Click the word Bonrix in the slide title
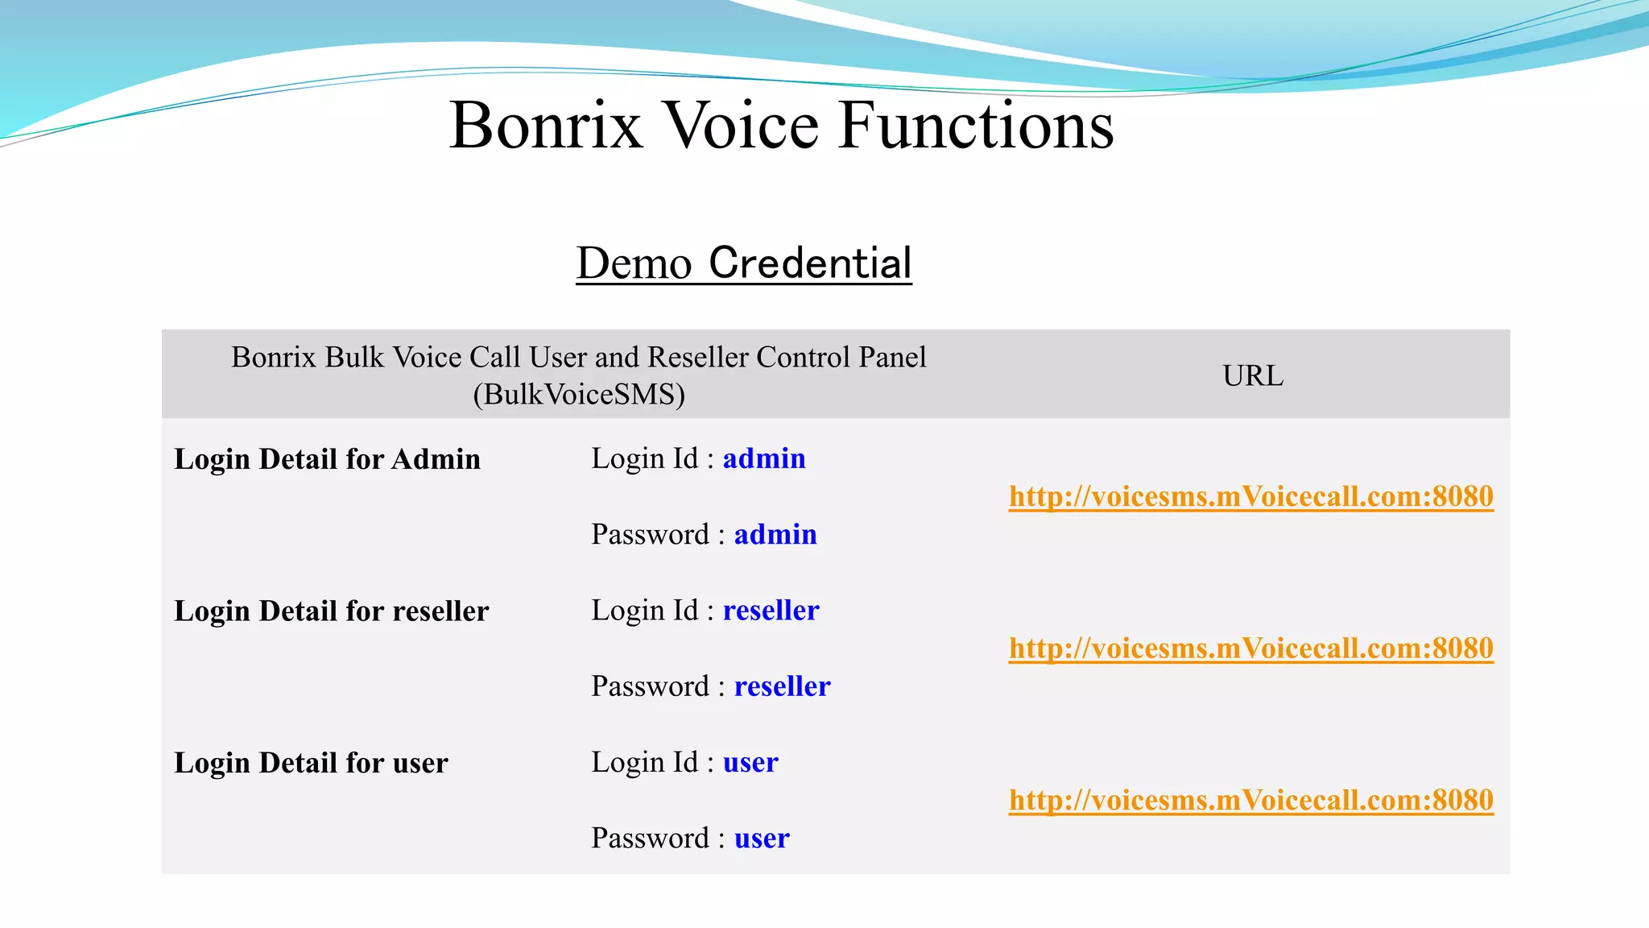[x=546, y=126]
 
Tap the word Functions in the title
[x=976, y=126]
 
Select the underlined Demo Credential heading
[x=744, y=263]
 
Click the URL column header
[x=1252, y=375]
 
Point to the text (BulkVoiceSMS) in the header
[x=579, y=395]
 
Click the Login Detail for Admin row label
[x=327, y=459]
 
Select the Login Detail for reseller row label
[x=331, y=611]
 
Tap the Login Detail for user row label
[x=311, y=763]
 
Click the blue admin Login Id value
[x=764, y=458]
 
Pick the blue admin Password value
[x=775, y=534]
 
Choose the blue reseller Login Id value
[x=771, y=611]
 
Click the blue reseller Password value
[x=782, y=686]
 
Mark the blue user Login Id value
[x=750, y=762]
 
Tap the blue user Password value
[x=762, y=839]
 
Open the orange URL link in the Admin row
[x=1250, y=496]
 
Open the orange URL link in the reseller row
[x=1250, y=648]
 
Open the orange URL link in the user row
[x=1250, y=800]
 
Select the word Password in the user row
[x=650, y=839]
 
